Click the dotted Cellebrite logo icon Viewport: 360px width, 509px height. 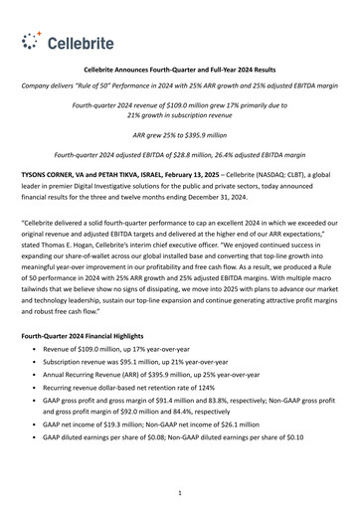coord(34,42)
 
